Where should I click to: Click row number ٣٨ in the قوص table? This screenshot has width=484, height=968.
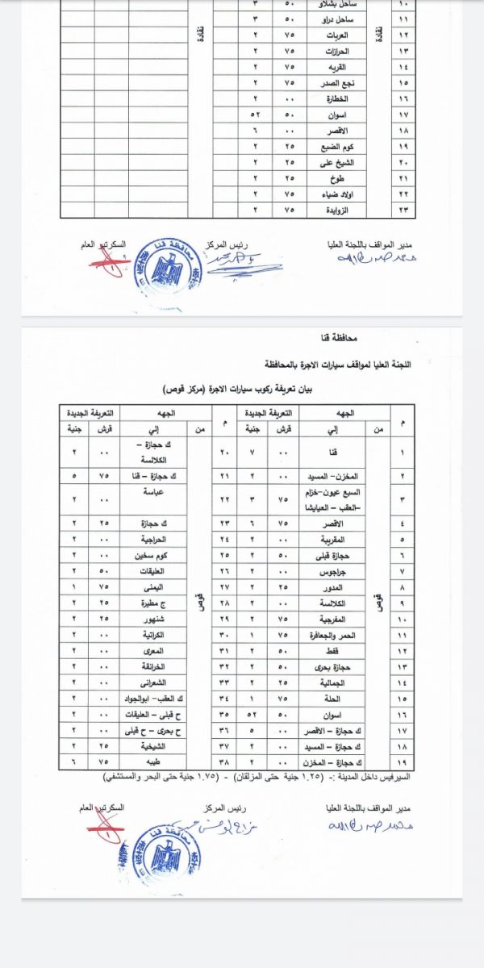(226, 760)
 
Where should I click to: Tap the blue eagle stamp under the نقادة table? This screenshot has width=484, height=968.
(161, 266)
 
